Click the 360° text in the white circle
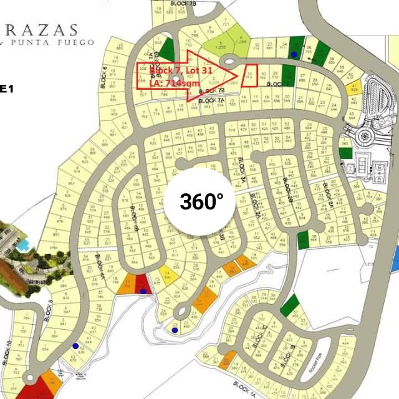(x=201, y=201)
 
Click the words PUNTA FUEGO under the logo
(x=63, y=42)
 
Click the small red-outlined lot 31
(x=251, y=75)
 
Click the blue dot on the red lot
(x=143, y=291)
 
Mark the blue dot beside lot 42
(x=75, y=346)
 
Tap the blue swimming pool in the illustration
(x=24, y=246)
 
